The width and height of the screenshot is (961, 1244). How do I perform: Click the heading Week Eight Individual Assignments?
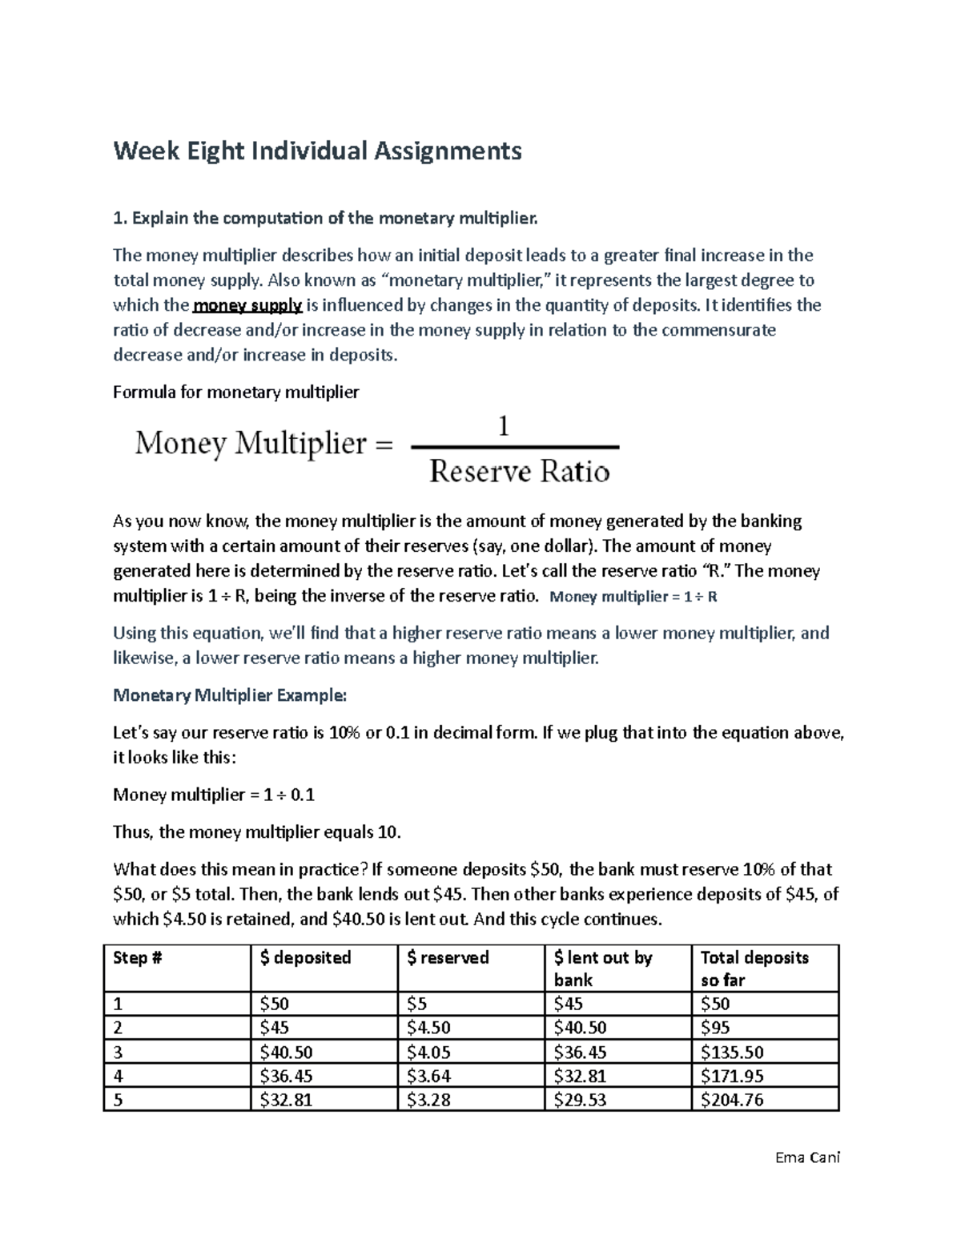click(x=317, y=151)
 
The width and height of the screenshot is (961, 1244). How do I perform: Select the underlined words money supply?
click(x=247, y=305)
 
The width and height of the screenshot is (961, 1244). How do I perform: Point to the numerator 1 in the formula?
click(x=504, y=426)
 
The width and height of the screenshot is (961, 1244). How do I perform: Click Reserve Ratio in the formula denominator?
click(x=519, y=471)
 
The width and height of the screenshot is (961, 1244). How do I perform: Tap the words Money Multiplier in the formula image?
click(x=251, y=443)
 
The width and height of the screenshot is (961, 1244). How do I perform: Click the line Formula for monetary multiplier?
click(x=236, y=393)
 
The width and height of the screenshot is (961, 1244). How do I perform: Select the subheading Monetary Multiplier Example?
click(x=230, y=695)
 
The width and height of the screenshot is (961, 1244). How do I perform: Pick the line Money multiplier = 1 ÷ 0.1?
click(x=214, y=795)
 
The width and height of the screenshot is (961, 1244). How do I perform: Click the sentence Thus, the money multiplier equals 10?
click(x=256, y=832)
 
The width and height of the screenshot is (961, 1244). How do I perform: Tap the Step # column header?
click(x=138, y=958)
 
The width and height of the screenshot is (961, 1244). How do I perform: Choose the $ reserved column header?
click(x=448, y=958)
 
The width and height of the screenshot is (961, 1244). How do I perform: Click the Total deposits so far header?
click(x=754, y=968)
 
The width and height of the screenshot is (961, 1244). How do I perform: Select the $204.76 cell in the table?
click(x=732, y=1100)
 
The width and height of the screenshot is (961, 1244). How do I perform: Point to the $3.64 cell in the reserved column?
click(x=429, y=1076)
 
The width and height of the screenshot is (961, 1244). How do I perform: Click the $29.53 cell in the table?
click(x=580, y=1100)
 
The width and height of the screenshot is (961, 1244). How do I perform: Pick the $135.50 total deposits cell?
click(x=732, y=1052)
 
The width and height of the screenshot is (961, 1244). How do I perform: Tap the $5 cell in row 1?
click(x=417, y=1004)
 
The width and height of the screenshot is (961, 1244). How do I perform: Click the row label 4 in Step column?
click(x=119, y=1076)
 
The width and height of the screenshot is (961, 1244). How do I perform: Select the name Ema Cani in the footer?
click(x=808, y=1157)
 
